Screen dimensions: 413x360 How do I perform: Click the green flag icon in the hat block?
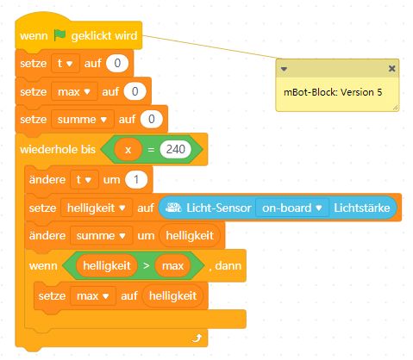coord(59,35)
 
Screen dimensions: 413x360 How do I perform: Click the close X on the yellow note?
coord(391,68)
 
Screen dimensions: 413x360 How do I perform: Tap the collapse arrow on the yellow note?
coord(284,69)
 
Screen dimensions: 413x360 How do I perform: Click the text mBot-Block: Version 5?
coord(333,92)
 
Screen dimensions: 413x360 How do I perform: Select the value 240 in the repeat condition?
coord(176,149)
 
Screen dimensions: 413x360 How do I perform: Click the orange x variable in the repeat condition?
coord(128,149)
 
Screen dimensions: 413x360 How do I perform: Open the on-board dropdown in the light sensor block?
coord(291,208)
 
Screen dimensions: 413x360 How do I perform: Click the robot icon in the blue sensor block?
coord(173,208)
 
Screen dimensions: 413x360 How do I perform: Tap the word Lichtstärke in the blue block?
coord(362,208)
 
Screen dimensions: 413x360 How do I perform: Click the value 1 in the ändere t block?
coord(136,180)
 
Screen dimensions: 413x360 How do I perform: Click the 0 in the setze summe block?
coord(151,119)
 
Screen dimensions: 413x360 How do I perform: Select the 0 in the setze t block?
coord(117,63)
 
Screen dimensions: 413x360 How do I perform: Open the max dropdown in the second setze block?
coord(74,92)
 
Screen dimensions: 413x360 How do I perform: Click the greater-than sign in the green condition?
coord(147,265)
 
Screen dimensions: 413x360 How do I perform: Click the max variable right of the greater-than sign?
coord(172,265)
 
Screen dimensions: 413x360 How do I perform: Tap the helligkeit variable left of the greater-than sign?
coord(107,265)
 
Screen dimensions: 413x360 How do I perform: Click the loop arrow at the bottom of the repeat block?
coord(197,338)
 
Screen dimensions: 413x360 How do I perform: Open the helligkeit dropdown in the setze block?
coord(97,208)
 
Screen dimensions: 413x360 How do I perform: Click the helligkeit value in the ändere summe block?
coord(190,236)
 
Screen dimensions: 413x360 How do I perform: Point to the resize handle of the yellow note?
coord(396,108)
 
